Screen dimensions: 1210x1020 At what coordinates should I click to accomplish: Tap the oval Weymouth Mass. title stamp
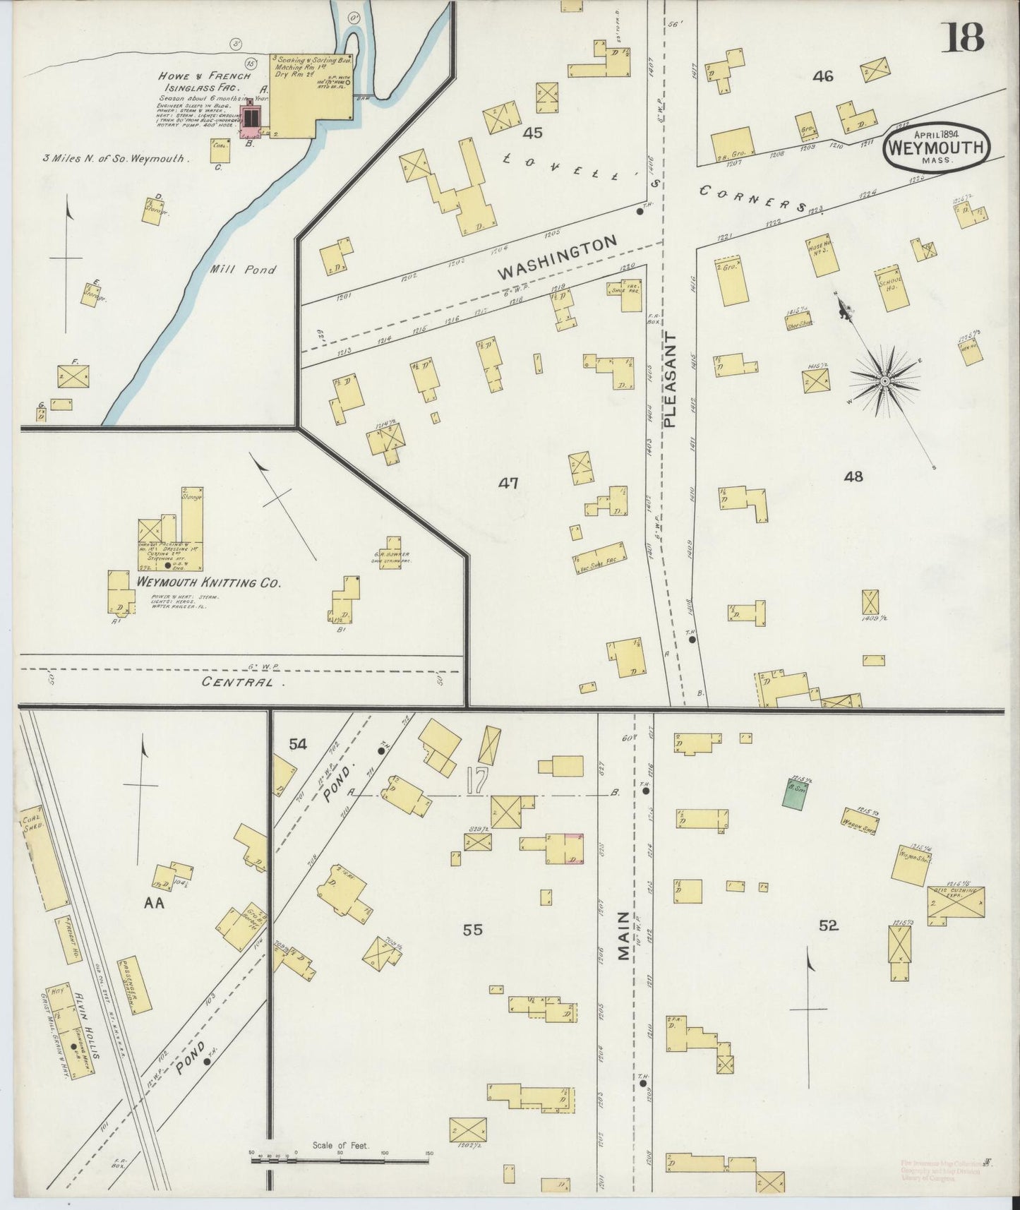[936, 147]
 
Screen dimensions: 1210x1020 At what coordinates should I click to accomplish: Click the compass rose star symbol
[884, 381]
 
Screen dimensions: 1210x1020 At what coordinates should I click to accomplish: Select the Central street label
[238, 683]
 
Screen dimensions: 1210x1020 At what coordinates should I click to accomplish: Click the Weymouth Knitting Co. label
[208, 584]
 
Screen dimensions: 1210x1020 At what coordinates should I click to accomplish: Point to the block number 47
[508, 483]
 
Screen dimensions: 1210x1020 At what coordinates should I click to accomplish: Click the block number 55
[472, 930]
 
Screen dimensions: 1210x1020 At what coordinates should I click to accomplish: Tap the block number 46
[823, 76]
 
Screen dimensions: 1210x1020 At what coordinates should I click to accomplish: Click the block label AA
[154, 903]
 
